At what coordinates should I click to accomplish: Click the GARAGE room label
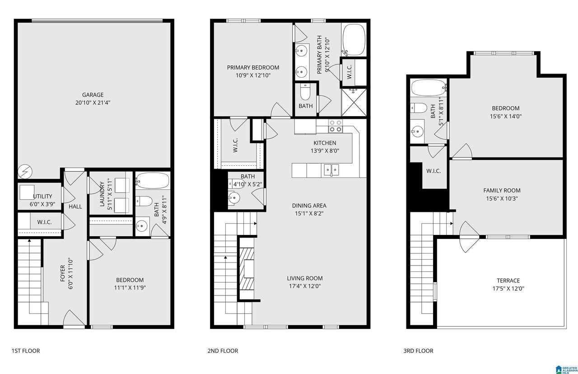click(93, 95)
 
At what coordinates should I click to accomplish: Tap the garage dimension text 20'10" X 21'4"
click(93, 103)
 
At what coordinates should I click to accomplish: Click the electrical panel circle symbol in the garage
click(25, 172)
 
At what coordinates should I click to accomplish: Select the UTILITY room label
click(42, 196)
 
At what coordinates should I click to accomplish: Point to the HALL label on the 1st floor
click(75, 206)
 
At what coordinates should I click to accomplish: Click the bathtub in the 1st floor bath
click(153, 181)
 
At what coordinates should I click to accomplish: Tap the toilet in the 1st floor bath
click(144, 201)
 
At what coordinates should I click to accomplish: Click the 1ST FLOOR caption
click(26, 351)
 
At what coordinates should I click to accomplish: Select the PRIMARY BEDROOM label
click(253, 68)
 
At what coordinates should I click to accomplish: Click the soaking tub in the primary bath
click(354, 40)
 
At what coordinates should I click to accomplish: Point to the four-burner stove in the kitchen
click(336, 126)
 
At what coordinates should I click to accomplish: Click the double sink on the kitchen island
click(331, 170)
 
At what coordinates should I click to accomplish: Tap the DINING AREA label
click(309, 206)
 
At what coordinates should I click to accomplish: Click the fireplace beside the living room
click(247, 269)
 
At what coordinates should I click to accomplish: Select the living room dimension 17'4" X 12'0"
click(305, 286)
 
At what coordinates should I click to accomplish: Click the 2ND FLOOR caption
click(223, 351)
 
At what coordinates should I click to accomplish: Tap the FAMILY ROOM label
click(502, 191)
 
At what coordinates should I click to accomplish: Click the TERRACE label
click(508, 280)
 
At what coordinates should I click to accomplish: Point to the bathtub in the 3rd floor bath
click(429, 88)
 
